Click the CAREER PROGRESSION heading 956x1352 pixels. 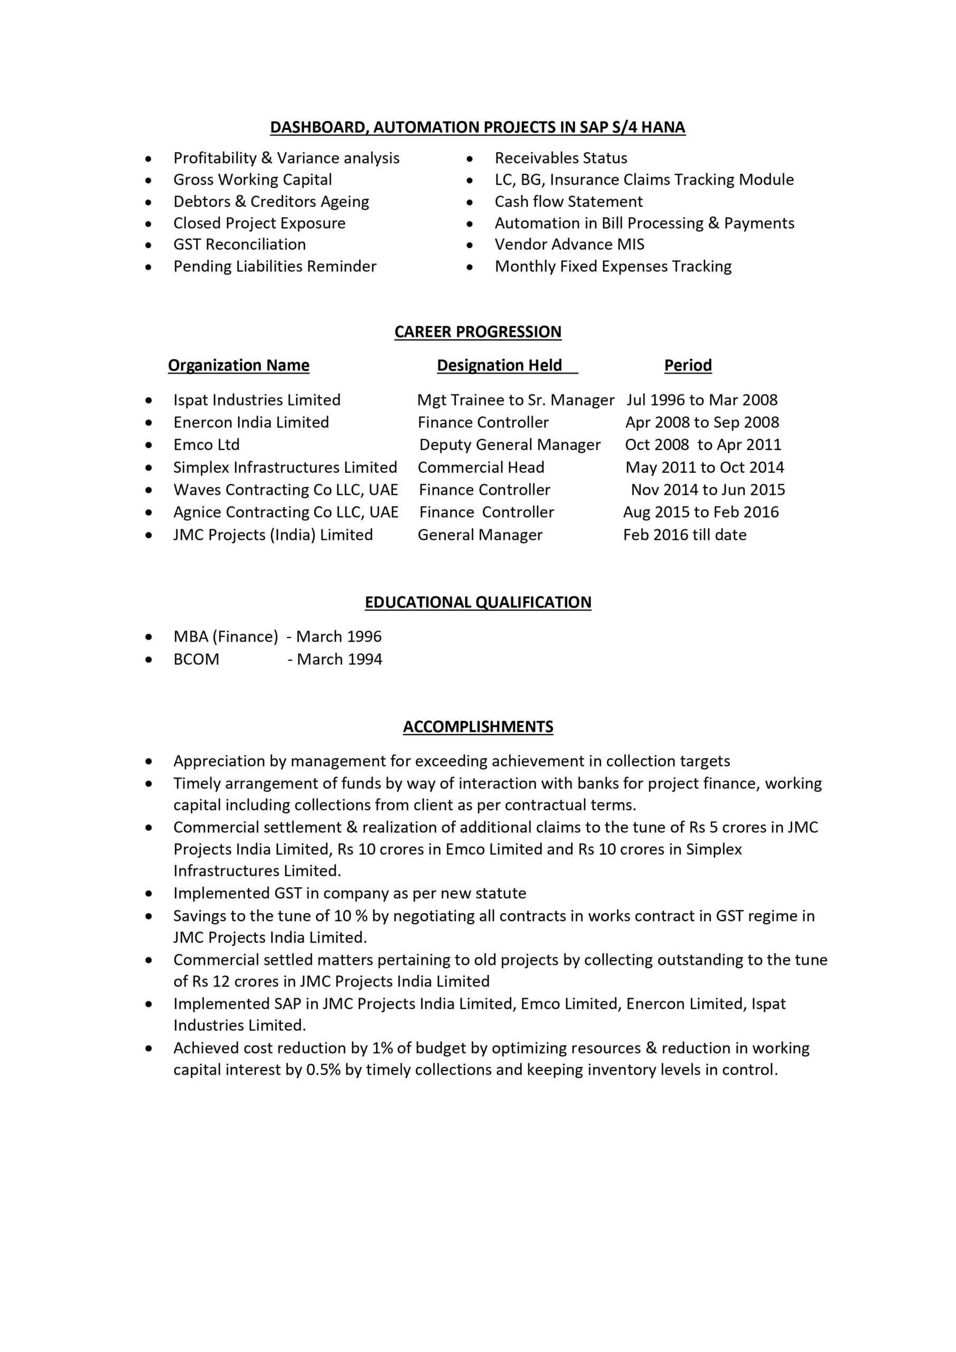(477, 332)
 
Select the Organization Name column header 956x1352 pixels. (239, 365)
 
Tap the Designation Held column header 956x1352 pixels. (500, 365)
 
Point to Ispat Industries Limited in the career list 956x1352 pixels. (257, 400)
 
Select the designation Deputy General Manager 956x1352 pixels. (510, 445)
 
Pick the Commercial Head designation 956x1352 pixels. (481, 467)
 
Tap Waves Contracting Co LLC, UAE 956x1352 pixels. (286, 490)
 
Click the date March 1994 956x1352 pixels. (339, 659)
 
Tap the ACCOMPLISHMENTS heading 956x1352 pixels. (477, 727)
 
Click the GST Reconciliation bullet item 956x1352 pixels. (240, 245)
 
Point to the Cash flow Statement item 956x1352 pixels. (568, 201)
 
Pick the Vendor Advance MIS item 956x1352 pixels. (569, 245)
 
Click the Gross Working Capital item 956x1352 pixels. (252, 180)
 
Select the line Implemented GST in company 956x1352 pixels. (349, 893)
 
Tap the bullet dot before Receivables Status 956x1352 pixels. (470, 159)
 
